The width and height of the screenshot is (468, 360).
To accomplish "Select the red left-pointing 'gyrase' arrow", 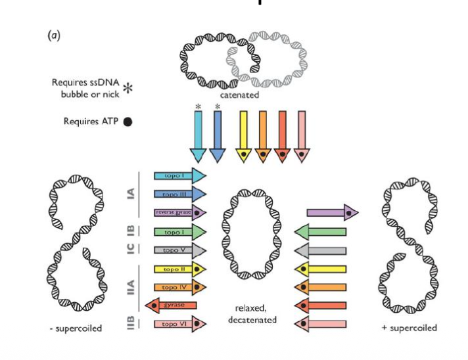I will point(172,305).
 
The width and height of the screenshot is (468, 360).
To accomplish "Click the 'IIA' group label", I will point(130,287).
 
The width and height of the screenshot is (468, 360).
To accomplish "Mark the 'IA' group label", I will point(130,194).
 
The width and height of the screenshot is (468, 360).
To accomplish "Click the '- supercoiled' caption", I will point(76,328).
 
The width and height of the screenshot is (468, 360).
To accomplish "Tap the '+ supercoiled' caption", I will point(410,328).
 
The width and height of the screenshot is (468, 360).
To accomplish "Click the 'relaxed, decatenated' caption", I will point(253,313).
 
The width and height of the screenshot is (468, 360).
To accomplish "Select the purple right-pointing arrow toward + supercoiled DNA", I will point(333,212).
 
